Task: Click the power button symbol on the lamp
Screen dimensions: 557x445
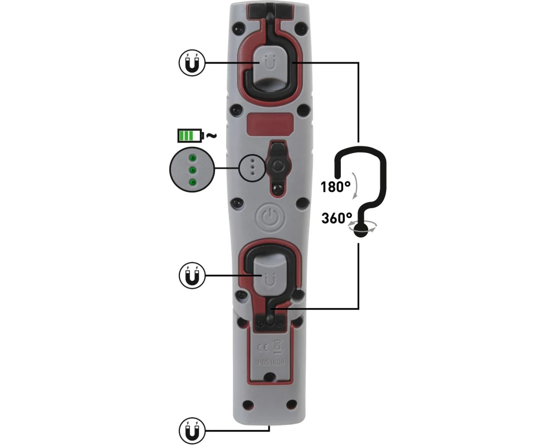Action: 270,217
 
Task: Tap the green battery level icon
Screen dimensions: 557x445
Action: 190,136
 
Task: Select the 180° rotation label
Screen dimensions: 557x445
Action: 335,187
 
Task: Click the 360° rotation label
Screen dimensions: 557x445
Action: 337,218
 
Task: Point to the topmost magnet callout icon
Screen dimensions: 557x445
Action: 192,63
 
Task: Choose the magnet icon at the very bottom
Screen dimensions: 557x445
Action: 192,431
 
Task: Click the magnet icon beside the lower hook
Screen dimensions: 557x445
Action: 192,276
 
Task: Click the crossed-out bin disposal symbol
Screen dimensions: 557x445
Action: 277,347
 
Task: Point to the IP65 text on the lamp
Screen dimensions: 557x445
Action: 262,363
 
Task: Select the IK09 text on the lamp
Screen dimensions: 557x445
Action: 278,363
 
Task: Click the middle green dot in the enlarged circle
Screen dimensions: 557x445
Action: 193,170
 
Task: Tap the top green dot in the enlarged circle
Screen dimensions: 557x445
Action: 193,157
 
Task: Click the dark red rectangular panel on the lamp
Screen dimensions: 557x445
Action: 270,124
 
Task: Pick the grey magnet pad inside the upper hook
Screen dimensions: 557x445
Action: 270,69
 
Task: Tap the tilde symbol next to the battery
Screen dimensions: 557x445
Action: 211,135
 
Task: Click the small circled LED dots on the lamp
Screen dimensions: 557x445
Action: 252,167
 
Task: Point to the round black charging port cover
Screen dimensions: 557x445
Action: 278,165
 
